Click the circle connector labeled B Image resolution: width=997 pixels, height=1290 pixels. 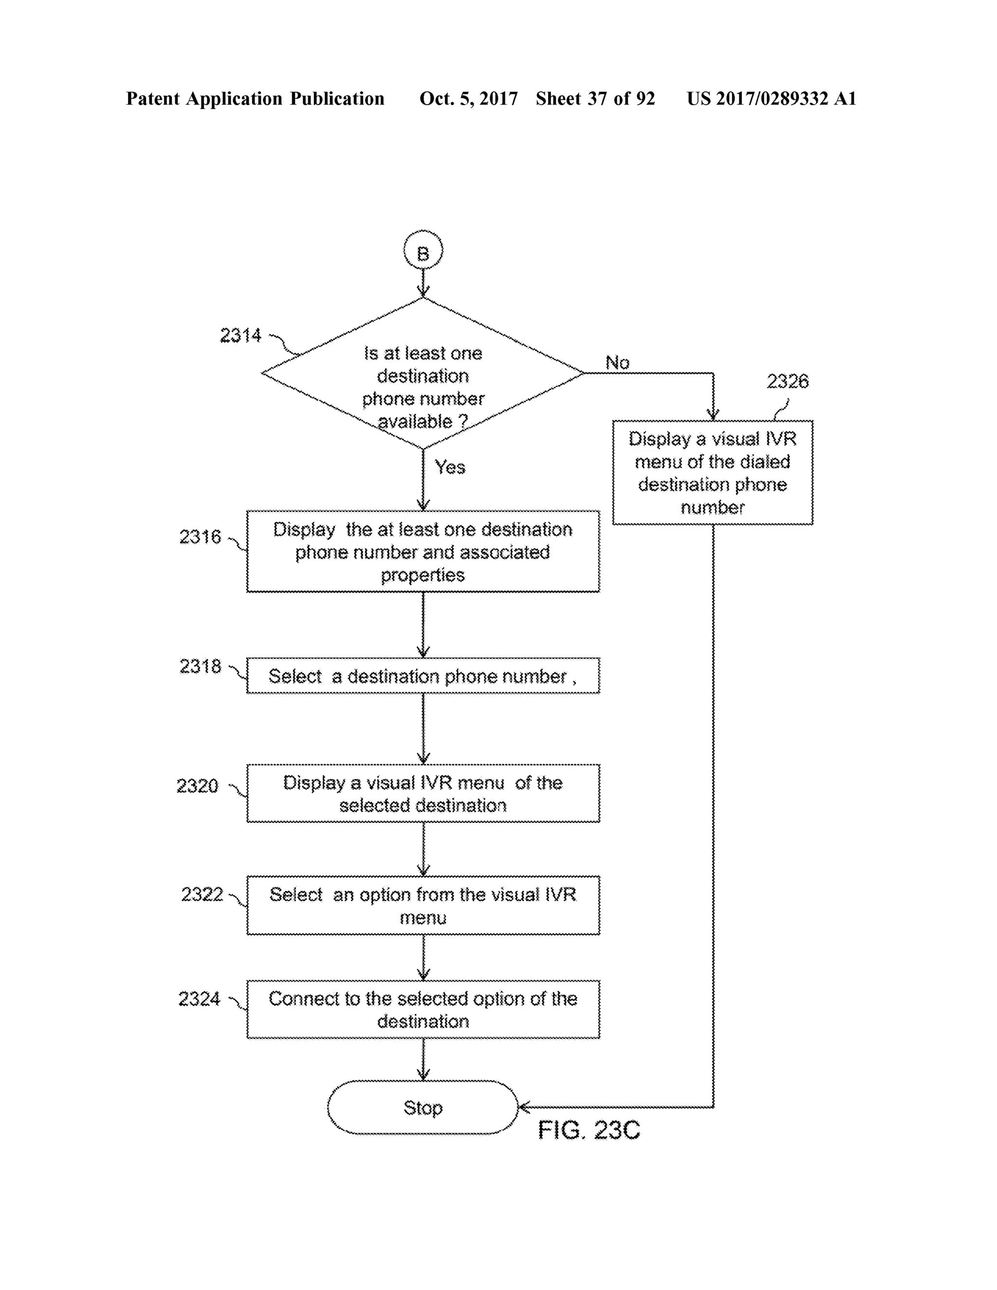tap(423, 250)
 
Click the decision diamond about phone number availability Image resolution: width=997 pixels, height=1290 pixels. tap(423, 373)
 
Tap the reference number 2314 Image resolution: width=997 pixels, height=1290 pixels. tap(240, 335)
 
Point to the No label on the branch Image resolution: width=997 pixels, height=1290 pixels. tap(618, 363)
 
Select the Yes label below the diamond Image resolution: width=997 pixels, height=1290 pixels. tap(450, 467)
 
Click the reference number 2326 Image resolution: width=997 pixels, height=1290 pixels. tap(787, 382)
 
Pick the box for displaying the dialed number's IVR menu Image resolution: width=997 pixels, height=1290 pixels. tap(712, 473)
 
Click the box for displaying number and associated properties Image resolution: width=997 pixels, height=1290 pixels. tap(423, 552)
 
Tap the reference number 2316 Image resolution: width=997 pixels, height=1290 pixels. tap(200, 537)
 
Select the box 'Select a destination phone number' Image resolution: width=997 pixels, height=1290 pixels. tap(423, 676)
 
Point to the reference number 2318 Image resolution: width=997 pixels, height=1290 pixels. tap(200, 666)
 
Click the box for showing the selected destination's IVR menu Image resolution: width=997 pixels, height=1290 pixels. tap(423, 793)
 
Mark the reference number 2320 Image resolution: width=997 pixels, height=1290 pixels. tap(197, 786)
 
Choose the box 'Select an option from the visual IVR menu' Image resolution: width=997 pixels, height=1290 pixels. tap(423, 905)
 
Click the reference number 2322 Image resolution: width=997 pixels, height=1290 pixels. tap(202, 894)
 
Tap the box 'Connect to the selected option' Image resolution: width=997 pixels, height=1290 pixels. tap(423, 1010)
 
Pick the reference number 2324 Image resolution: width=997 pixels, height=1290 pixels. tap(199, 999)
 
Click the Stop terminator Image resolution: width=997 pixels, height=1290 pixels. tap(423, 1107)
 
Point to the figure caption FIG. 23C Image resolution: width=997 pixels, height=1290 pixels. tap(589, 1130)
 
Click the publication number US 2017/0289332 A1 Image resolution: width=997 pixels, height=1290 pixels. tap(772, 99)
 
